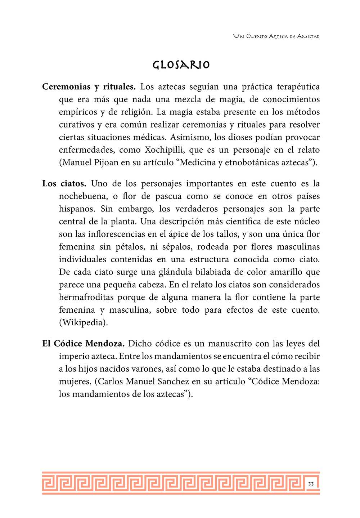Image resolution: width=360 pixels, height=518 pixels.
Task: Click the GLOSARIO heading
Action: (181, 65)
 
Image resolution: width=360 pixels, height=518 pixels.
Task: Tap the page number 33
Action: (311, 484)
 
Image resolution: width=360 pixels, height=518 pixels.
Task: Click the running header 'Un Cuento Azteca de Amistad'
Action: (276, 36)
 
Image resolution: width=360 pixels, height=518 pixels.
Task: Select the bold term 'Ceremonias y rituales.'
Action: (89, 87)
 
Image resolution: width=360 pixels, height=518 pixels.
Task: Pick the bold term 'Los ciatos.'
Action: (64, 184)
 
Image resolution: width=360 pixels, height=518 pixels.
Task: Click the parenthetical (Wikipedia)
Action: (84, 322)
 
